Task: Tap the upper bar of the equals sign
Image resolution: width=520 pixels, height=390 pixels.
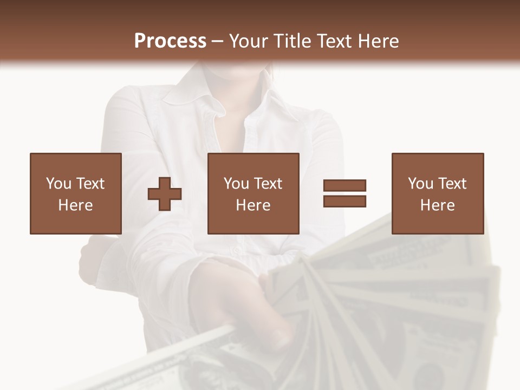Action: [344, 185]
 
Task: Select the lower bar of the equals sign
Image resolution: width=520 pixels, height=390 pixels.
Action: [344, 201]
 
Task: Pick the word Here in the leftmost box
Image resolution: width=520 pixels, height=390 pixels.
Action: [75, 205]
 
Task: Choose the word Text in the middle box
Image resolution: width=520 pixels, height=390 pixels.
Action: [268, 184]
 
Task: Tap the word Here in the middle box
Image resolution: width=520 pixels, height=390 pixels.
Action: [253, 205]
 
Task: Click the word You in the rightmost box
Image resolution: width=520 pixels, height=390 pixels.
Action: [420, 184]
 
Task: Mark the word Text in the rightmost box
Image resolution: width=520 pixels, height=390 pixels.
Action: [452, 184]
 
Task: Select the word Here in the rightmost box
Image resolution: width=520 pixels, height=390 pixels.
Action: [437, 205]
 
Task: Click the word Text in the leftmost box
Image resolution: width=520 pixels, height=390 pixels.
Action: [90, 184]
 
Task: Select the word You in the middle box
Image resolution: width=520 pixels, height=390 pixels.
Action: [236, 184]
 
